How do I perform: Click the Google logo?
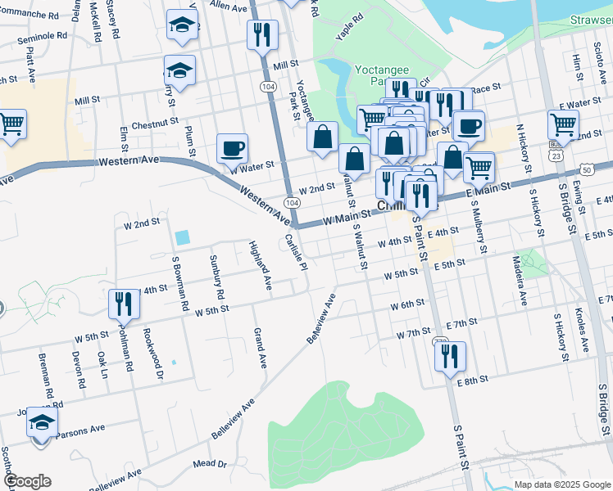(26, 481)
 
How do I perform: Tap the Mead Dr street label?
(210, 464)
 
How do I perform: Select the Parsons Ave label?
(82, 428)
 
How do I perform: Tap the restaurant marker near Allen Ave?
(262, 34)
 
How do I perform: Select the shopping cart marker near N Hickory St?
(563, 124)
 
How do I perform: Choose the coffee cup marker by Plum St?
(232, 148)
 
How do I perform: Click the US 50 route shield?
(587, 169)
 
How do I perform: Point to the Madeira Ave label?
(520, 280)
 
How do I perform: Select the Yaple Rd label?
(349, 29)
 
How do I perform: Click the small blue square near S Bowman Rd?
(182, 237)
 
